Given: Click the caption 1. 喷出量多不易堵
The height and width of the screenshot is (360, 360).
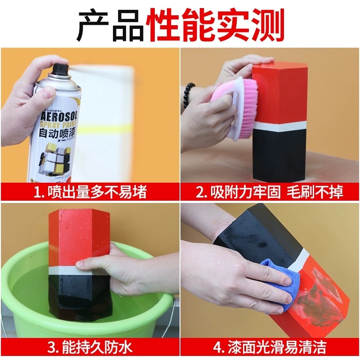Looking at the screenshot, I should click(x=90, y=192).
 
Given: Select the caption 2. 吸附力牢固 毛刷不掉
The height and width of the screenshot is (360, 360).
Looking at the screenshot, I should click(x=270, y=192).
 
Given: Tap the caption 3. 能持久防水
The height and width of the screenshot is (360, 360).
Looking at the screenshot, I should click(x=90, y=347).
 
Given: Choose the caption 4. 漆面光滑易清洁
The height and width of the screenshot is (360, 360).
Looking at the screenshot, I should click(x=270, y=347).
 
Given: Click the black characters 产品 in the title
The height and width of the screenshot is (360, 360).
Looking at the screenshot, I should click(x=108, y=25).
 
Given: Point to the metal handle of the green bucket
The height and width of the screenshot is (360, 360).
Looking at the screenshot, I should click(x=170, y=310).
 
